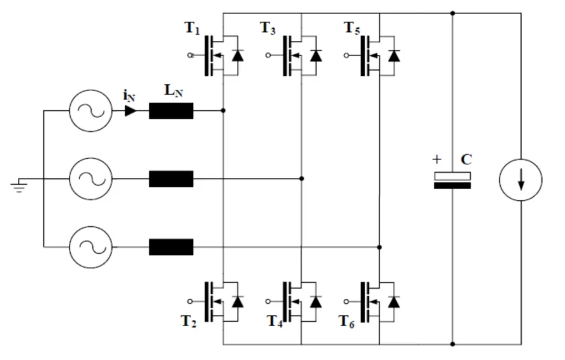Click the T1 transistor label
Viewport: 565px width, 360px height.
tap(192, 28)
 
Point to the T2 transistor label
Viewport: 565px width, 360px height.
tap(188, 320)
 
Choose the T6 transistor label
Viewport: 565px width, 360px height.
tap(347, 320)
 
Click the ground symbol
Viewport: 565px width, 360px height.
tap(20, 186)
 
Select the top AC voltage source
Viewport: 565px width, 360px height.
tap(90, 110)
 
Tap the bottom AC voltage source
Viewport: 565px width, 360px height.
tap(90, 247)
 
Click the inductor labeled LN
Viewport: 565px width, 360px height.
tap(171, 111)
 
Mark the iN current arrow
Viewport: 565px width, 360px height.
tap(130, 111)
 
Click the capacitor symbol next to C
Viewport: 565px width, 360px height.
tap(452, 180)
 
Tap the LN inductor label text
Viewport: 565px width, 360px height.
tap(173, 90)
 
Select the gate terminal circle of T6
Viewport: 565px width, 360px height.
tap(346, 301)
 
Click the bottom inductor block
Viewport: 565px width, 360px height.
tap(171, 247)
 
